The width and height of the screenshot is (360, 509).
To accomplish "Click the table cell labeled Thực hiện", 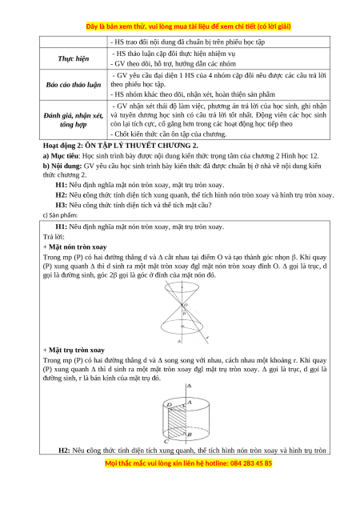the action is point(74,58).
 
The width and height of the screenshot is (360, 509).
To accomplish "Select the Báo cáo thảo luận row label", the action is point(74,85).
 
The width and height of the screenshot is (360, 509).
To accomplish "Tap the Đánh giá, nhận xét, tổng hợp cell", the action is point(74,120).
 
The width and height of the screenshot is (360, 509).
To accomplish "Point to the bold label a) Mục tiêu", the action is point(61,156).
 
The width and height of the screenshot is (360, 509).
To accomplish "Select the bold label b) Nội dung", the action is point(62,166).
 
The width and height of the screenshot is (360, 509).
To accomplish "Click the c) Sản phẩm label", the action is point(60,215).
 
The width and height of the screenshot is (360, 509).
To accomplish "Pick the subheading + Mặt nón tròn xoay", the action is point(75,247).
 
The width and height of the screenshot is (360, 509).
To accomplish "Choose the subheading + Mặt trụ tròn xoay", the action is point(74,350).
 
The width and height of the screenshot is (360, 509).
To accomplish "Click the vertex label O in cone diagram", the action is point(186,305).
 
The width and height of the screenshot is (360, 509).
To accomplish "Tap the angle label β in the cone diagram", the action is point(184,314).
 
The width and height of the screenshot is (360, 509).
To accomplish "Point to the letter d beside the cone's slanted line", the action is point(207,338).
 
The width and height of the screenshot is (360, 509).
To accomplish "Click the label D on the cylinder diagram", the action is point(169,405).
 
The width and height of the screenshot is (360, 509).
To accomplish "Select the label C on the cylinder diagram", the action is point(166,442).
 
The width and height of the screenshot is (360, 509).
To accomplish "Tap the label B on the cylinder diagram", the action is point(190,435).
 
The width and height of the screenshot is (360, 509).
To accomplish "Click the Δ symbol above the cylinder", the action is point(190,386).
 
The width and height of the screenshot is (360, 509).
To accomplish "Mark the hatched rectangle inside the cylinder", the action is point(177,422).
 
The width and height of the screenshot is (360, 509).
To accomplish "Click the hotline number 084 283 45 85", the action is point(251,463).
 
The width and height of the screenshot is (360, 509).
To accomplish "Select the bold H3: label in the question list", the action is point(62,205).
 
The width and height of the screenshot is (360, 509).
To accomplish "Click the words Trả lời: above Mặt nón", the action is point(54,237).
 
